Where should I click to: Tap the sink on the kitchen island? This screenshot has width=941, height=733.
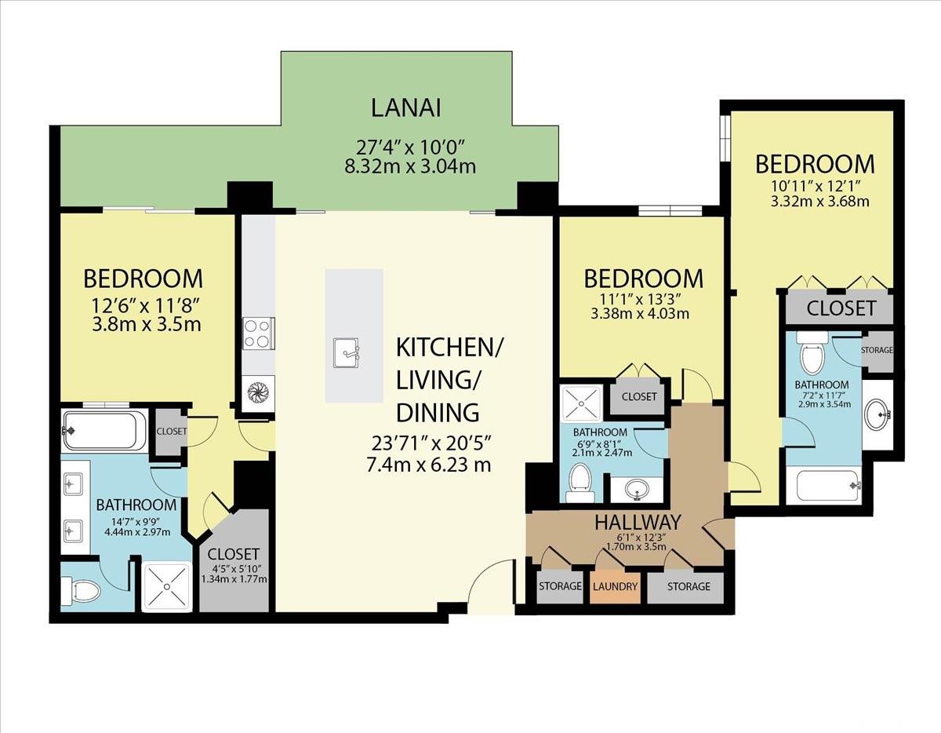pyautogui.click(x=346, y=352)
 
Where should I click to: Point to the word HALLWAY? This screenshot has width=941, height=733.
pyautogui.click(x=637, y=521)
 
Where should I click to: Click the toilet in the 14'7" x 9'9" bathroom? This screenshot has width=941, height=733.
pyautogui.click(x=82, y=590)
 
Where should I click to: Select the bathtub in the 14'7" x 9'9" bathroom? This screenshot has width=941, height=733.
pyautogui.click(x=104, y=431)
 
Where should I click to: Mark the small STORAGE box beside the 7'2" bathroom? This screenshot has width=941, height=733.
pyautogui.click(x=877, y=349)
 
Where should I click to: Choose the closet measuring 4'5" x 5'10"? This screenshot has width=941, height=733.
pyautogui.click(x=234, y=562)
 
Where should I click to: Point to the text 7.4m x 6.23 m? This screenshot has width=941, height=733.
pyautogui.click(x=429, y=465)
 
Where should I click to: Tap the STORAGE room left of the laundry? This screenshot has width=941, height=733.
pyautogui.click(x=560, y=586)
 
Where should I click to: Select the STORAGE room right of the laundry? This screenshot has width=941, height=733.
pyautogui.click(x=688, y=586)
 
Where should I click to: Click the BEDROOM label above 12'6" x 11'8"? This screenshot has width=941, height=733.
pyautogui.click(x=143, y=279)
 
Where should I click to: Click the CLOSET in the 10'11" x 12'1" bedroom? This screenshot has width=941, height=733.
pyautogui.click(x=841, y=308)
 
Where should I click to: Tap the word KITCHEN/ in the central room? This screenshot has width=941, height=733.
pyautogui.click(x=450, y=346)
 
